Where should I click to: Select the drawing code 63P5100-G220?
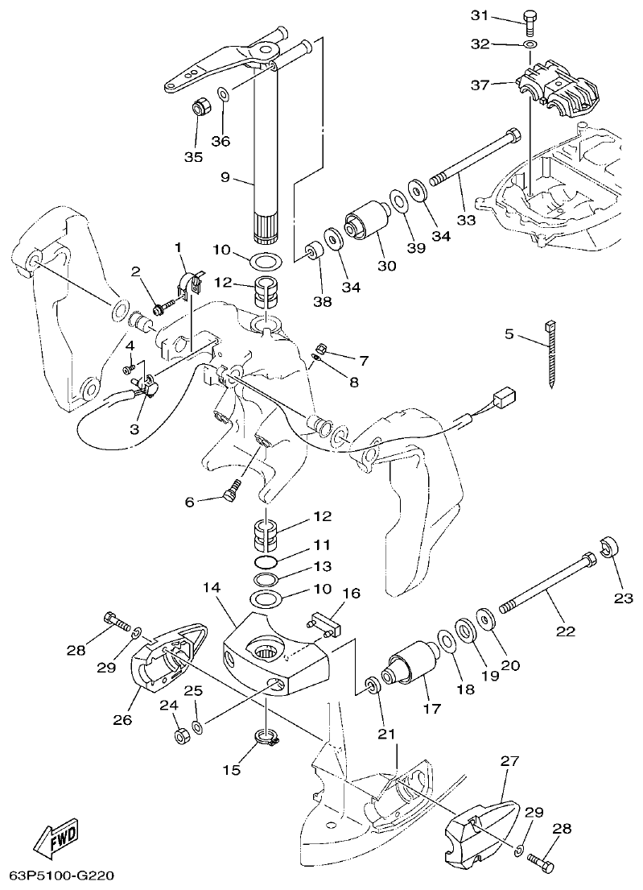(68, 875)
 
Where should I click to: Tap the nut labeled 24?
(183, 735)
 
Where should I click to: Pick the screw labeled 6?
(233, 488)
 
